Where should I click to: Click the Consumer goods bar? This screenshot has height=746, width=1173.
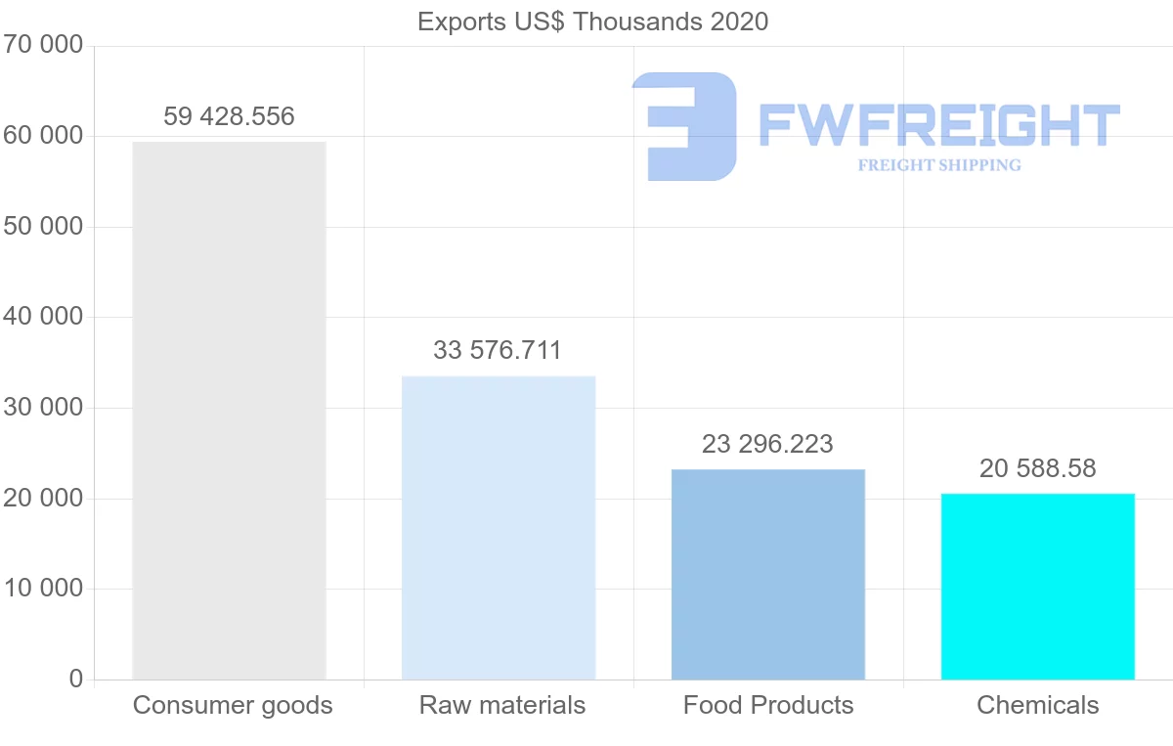(229, 411)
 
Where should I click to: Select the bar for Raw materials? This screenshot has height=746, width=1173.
(499, 528)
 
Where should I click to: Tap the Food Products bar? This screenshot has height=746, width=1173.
(768, 575)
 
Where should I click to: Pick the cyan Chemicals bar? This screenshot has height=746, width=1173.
(1037, 587)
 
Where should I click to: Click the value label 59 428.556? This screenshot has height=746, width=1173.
(229, 117)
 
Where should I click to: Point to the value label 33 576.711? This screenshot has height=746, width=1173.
(498, 350)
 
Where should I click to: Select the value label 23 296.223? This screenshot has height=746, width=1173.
(767, 444)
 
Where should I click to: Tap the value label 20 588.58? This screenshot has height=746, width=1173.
(1037, 468)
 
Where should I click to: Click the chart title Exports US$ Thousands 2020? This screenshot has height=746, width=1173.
(592, 22)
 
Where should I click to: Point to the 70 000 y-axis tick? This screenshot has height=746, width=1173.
(42, 45)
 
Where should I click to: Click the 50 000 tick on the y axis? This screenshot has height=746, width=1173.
(42, 227)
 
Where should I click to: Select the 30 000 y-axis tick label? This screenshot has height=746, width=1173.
(42, 408)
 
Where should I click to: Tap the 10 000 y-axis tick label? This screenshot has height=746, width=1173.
(42, 589)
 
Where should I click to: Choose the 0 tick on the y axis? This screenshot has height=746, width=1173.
(76, 679)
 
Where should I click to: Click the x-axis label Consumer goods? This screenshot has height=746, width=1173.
(233, 705)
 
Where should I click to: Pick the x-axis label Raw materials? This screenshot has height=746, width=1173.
(502, 705)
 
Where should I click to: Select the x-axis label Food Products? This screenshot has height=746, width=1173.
(768, 705)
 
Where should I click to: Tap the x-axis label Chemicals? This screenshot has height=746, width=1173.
(1037, 705)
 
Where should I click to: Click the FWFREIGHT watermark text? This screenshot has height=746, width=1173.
(938, 125)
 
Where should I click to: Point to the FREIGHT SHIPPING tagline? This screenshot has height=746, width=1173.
(939, 165)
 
